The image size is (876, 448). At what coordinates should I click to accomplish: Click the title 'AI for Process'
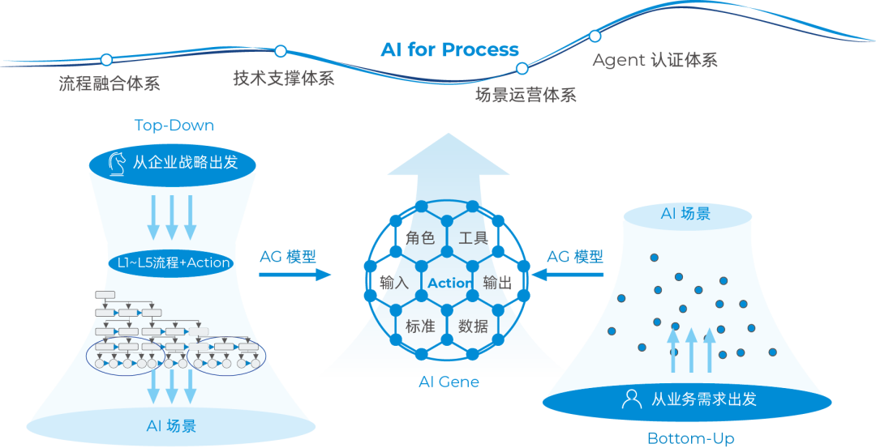click(x=449, y=50)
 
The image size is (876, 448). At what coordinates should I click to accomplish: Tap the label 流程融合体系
click(x=109, y=83)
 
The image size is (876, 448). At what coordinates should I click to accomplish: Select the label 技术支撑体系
click(x=284, y=78)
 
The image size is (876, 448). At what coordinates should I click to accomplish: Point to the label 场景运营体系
click(x=526, y=96)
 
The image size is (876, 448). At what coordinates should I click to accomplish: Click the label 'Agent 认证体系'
click(x=655, y=61)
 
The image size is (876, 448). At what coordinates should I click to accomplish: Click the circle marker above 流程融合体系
click(x=106, y=59)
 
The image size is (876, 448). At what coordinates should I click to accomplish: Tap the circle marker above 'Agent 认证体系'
click(x=595, y=36)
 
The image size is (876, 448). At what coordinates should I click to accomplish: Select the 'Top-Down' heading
click(x=174, y=126)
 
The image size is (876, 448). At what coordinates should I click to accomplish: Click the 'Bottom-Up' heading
click(x=691, y=439)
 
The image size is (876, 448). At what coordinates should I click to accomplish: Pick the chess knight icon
click(x=117, y=162)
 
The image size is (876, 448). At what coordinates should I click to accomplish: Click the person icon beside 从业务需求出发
click(x=631, y=399)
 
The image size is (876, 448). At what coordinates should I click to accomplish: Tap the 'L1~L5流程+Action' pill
click(x=170, y=262)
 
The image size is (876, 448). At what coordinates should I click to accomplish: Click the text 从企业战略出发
click(x=185, y=162)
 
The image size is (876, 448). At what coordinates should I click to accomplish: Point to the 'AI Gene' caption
click(x=449, y=382)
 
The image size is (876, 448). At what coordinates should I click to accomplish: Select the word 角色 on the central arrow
click(x=420, y=238)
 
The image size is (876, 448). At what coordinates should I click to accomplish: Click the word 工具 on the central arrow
click(x=473, y=238)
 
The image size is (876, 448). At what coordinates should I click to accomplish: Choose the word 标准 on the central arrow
click(x=420, y=326)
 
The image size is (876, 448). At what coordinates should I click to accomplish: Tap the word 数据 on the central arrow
click(x=473, y=326)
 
